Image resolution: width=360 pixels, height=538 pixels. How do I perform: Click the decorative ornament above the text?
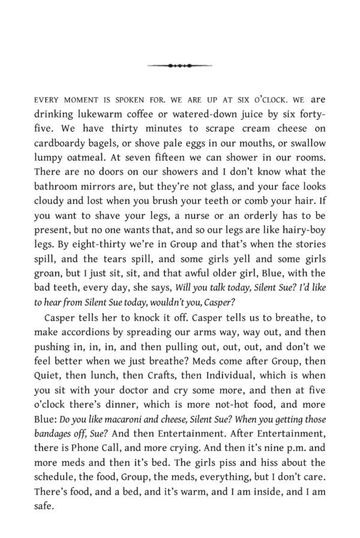click(x=179, y=65)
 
